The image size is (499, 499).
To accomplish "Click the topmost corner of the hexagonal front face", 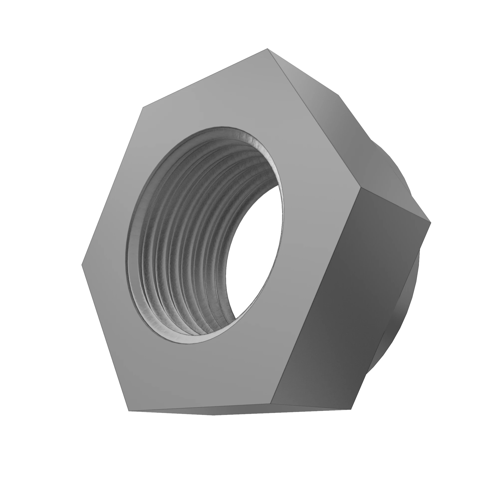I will (x=267, y=49).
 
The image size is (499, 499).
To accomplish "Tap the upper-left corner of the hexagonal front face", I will (x=143, y=107).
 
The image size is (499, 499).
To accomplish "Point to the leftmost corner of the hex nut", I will (x=82, y=265).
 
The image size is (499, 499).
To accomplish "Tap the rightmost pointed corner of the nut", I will (x=431, y=222).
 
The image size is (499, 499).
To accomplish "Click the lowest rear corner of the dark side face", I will (x=352, y=409).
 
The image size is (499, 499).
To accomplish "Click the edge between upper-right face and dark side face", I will (x=395, y=205).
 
